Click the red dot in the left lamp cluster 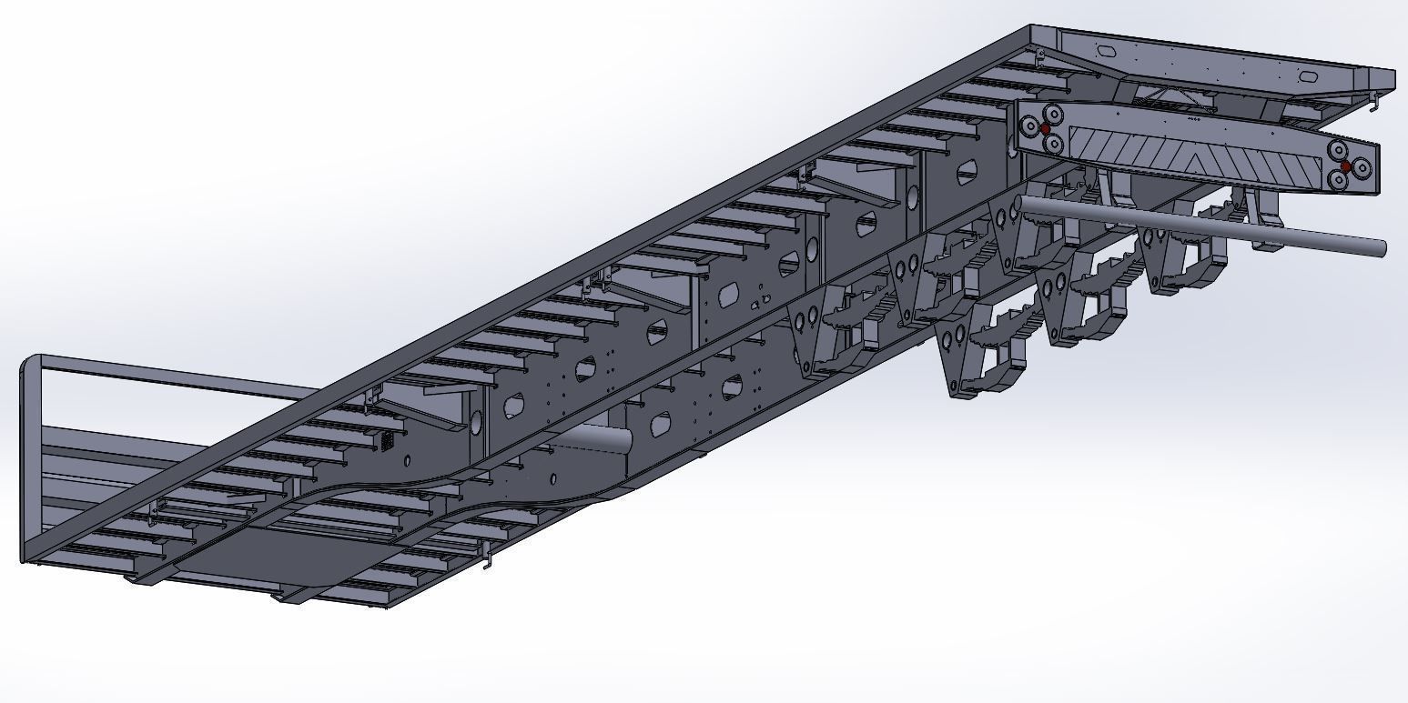tap(1045, 128)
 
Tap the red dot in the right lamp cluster tap(1346, 166)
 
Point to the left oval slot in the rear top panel tap(1109, 53)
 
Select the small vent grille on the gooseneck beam tap(387, 441)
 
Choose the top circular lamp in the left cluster tap(1053, 115)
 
